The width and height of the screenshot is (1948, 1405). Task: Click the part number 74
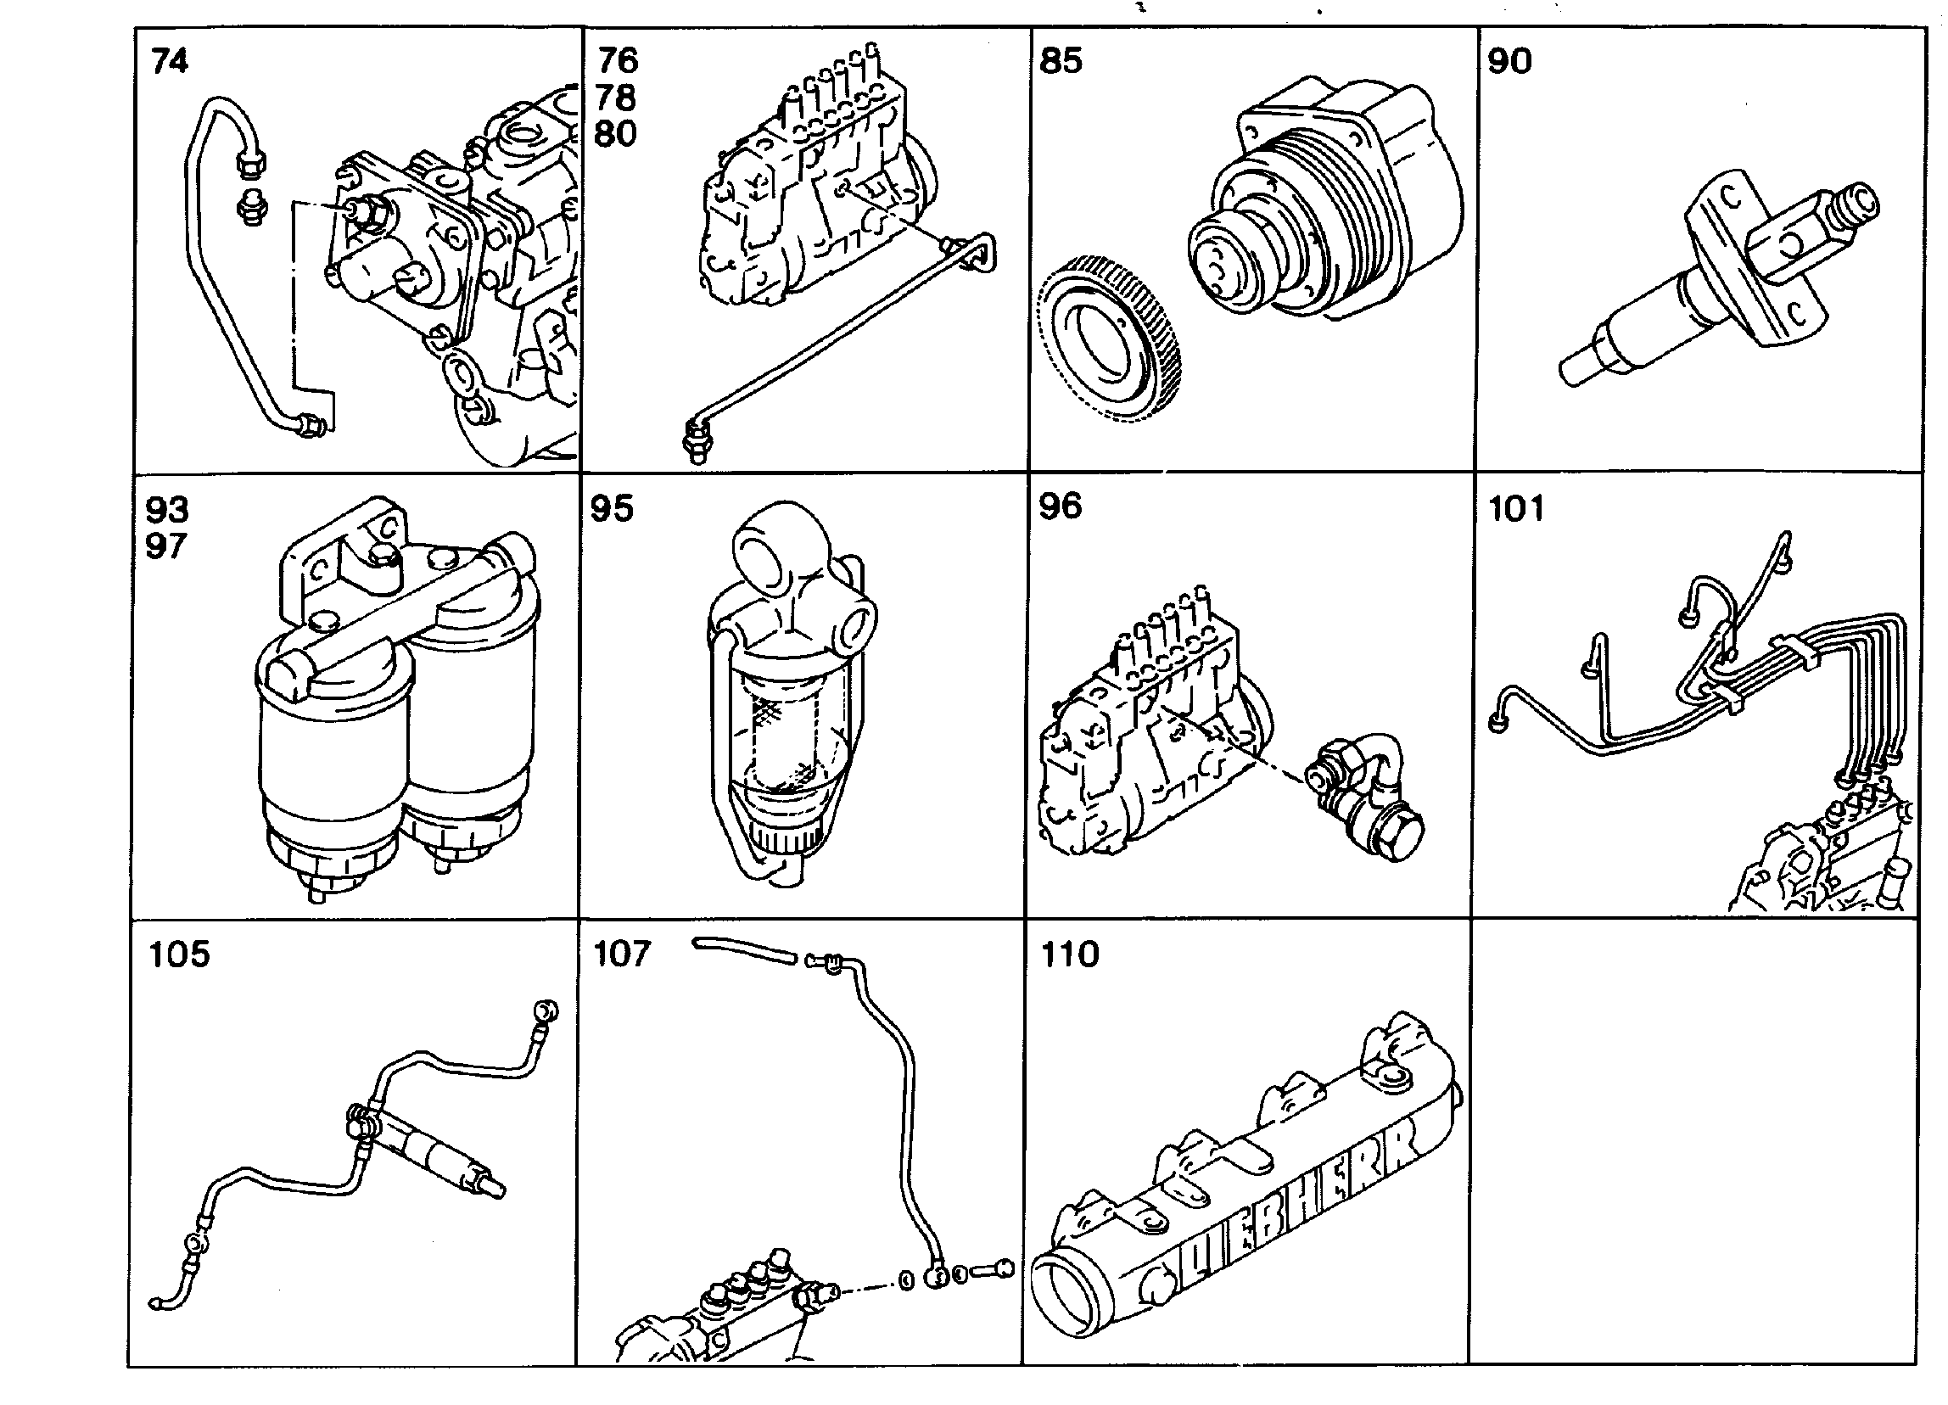pos(169,61)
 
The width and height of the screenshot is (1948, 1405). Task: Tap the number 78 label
pos(617,98)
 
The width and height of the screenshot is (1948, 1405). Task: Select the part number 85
pos(1061,61)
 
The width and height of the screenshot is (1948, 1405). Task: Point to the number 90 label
pos(1510,61)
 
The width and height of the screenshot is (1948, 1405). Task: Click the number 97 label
pos(166,546)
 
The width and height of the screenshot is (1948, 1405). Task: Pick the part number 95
pos(613,508)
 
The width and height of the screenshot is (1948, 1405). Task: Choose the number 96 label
pos(1061,507)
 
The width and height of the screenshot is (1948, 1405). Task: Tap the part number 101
pos(1516,508)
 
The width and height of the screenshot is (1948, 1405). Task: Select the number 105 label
pos(180,954)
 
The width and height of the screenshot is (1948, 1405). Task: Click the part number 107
pos(623,954)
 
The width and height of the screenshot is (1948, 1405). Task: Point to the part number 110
pos(1070,954)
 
